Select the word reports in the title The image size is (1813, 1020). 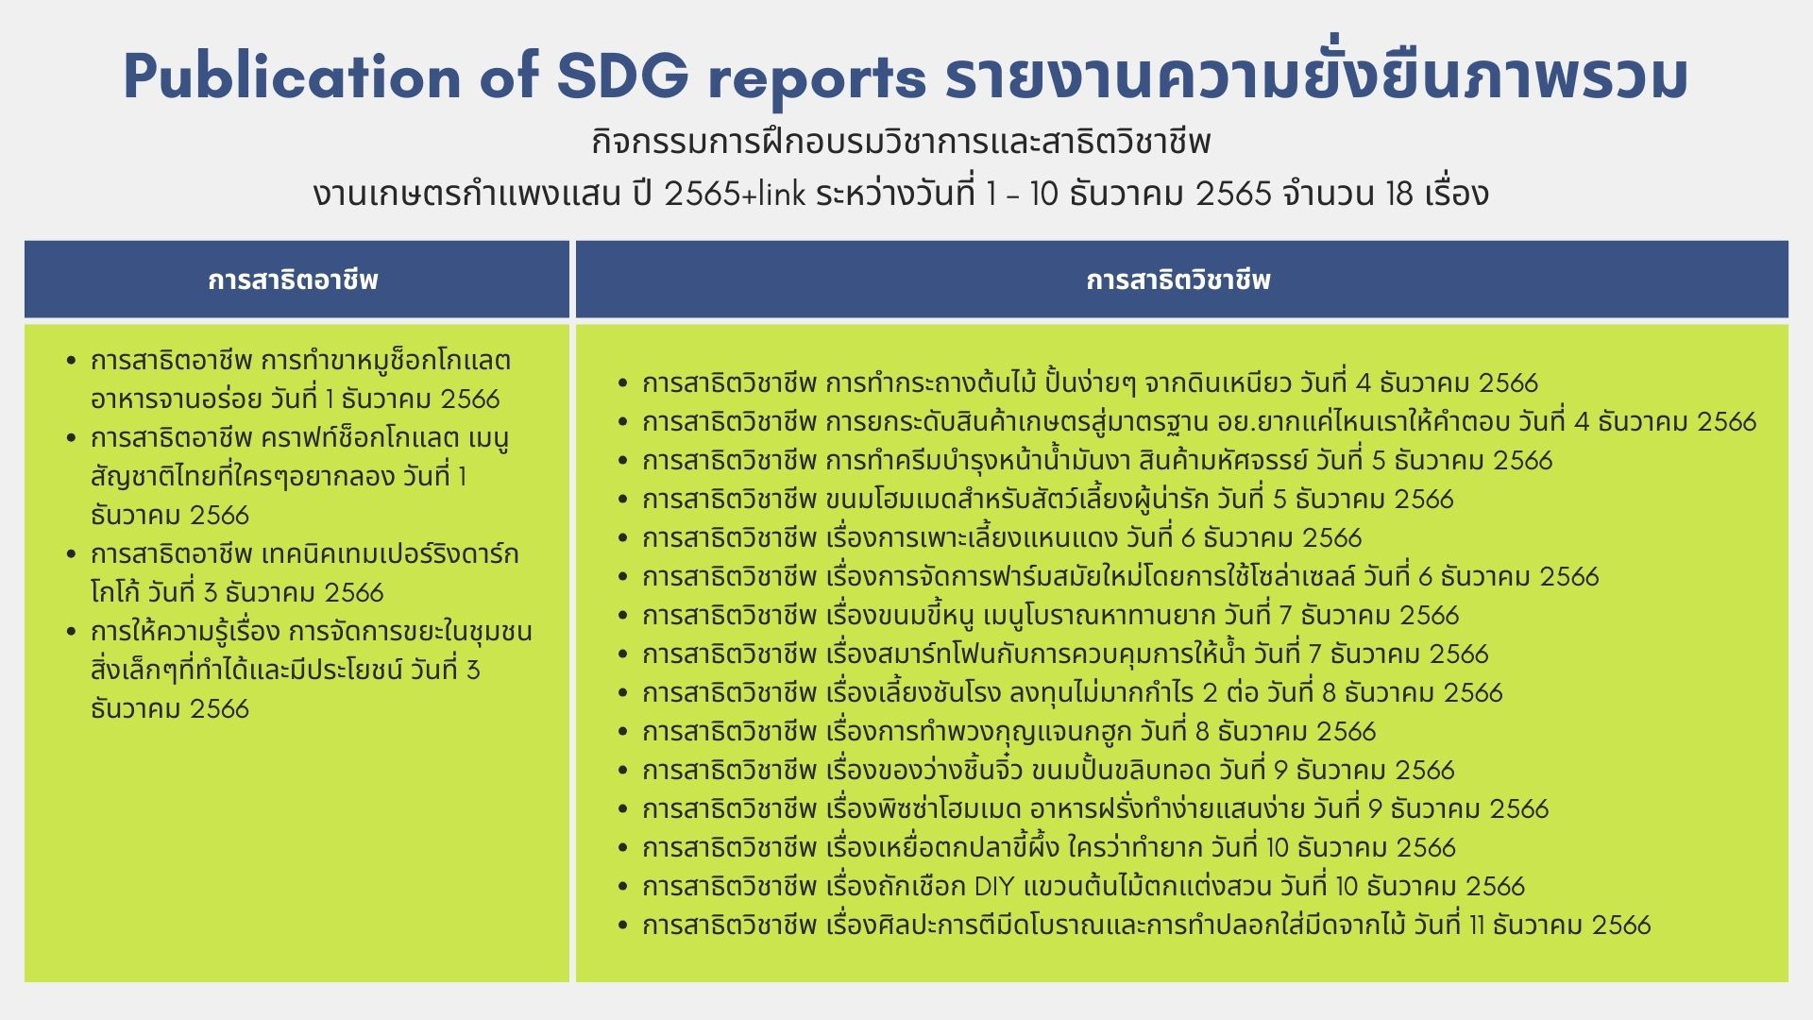tap(817, 80)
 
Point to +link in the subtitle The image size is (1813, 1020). tap(774, 194)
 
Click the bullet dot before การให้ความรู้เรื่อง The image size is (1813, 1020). tap(72, 631)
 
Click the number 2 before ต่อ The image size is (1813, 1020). tap(1211, 692)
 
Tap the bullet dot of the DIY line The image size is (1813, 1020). tap(623, 886)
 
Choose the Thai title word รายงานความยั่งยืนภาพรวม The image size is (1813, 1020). tap(1316, 76)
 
